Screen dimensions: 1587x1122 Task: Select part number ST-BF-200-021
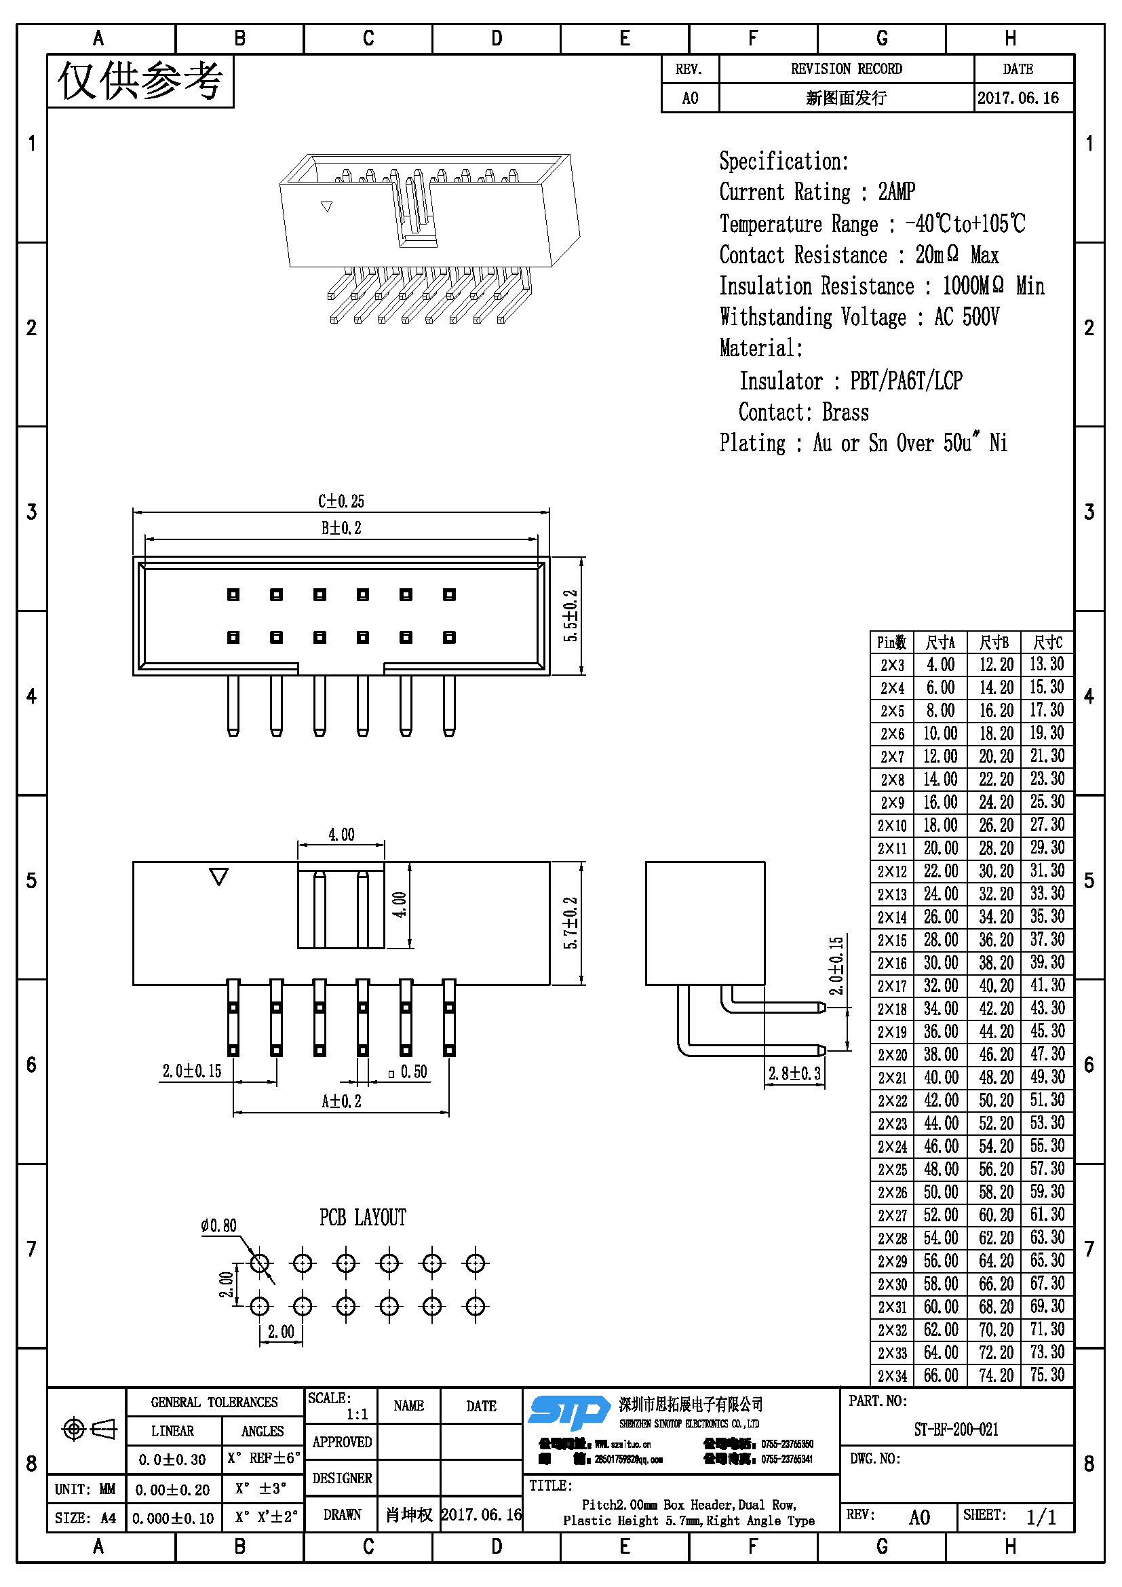956,1430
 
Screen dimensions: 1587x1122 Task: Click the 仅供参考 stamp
140,81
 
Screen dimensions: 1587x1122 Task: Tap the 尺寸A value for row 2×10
940,825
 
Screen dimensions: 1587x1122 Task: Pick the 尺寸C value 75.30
1047,1375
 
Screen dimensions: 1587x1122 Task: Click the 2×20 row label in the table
892,1055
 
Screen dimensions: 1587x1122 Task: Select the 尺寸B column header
994,643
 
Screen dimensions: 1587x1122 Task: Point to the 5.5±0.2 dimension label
570,615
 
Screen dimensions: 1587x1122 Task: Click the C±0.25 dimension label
341,501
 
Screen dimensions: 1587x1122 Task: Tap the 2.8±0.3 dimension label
794,1073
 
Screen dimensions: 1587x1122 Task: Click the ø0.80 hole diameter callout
218,1225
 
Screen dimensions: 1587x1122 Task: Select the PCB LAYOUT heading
363,1217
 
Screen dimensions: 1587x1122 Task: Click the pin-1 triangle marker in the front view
219,877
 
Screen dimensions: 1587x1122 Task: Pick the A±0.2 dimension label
341,1101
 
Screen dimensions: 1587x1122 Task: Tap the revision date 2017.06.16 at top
1018,98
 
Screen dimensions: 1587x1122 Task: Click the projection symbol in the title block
89,1429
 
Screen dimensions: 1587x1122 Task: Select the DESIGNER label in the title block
342,1478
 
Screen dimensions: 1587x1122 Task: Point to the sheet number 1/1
1041,1517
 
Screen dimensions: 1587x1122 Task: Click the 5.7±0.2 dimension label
570,923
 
